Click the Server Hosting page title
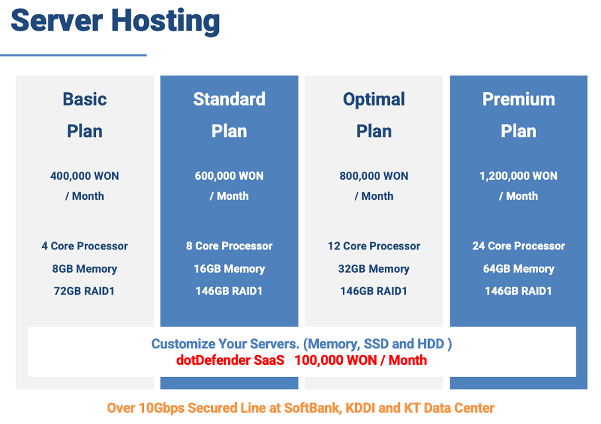115,21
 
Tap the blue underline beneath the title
73,55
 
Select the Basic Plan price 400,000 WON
85,176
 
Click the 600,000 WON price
230,176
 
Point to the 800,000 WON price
373,176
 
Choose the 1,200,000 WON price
519,176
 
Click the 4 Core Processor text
85,246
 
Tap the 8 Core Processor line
230,246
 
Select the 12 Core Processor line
373,246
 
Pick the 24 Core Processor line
519,246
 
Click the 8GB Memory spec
85,269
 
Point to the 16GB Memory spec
230,269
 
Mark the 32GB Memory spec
373,269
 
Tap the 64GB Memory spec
519,269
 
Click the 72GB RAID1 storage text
84,291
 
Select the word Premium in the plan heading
519,100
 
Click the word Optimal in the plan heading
373,100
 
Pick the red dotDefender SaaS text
230,360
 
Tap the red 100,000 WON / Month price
361,360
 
